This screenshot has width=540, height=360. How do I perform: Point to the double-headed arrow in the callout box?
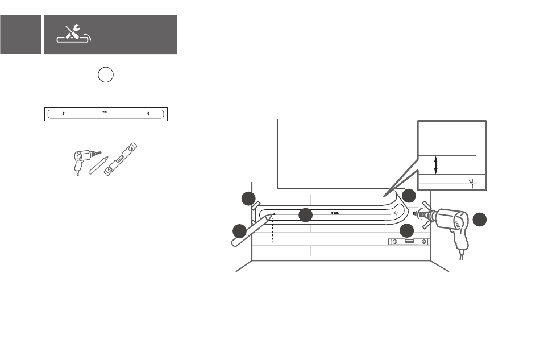click(x=436, y=166)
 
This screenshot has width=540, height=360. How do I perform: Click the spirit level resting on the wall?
click(x=409, y=242)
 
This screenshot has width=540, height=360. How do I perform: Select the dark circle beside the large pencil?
click(x=239, y=231)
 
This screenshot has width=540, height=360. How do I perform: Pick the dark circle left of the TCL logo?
click(x=306, y=215)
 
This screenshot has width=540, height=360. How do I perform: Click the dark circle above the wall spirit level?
click(x=407, y=231)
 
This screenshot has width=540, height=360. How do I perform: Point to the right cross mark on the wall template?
click(x=396, y=213)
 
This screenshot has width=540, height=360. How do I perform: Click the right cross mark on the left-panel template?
click(x=148, y=114)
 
